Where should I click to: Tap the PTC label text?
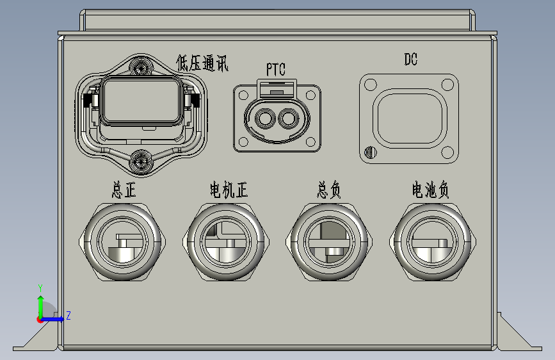click(276, 69)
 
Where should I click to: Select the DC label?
click(411, 59)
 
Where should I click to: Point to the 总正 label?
click(124, 190)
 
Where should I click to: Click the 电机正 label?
click(229, 190)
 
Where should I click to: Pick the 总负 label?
click(329, 190)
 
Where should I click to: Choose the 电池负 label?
click(430, 190)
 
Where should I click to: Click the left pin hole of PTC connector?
click(265, 119)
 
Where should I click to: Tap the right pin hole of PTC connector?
click(289, 119)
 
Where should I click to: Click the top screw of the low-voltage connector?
click(141, 67)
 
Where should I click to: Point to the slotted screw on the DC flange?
click(370, 152)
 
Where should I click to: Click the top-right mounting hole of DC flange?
click(447, 85)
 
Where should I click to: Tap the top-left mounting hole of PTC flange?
click(243, 95)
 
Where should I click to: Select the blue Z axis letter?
click(68, 315)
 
